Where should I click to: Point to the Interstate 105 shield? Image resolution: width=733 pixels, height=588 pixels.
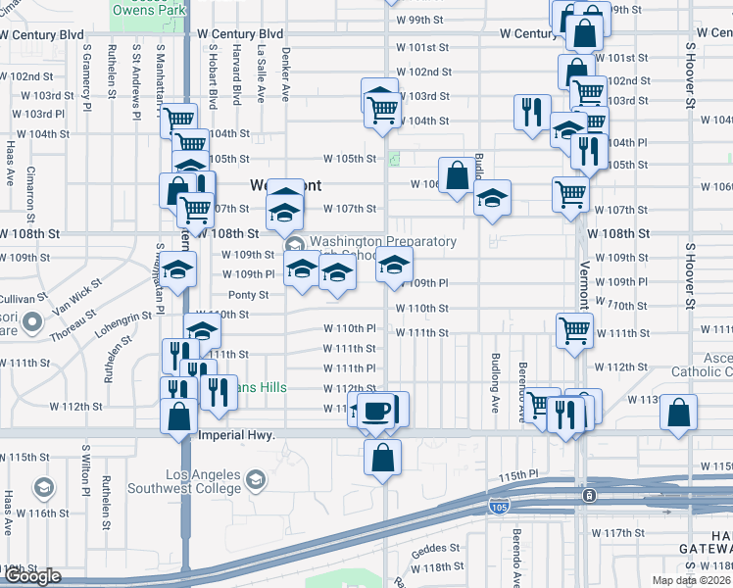[498, 506]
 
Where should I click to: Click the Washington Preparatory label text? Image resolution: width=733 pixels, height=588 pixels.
[382, 241]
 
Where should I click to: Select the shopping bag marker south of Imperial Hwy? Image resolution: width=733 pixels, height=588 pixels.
[382, 456]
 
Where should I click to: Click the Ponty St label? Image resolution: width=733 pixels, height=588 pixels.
[248, 295]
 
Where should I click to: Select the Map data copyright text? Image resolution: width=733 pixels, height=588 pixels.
[696, 580]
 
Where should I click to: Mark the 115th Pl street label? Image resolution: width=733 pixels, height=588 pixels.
[519, 475]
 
